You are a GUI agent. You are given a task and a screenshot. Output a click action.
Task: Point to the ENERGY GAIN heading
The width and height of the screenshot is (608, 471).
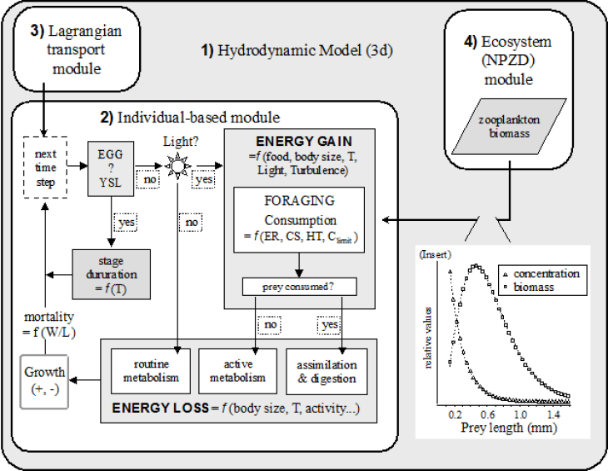[297, 143]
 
